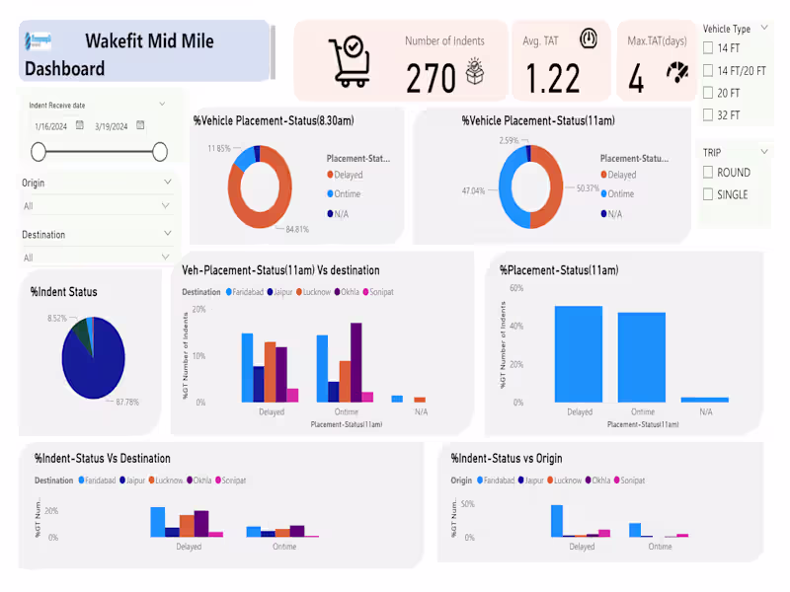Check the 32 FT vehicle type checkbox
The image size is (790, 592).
click(708, 115)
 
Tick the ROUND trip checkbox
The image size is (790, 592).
click(708, 172)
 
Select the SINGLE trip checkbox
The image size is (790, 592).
click(708, 194)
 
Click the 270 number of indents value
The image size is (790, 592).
click(431, 77)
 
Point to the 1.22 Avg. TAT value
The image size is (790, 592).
click(553, 77)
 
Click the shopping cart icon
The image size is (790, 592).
click(350, 61)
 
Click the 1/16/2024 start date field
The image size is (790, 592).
click(49, 126)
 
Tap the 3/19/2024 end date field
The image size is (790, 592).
click(111, 126)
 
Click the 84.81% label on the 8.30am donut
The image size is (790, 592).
click(295, 230)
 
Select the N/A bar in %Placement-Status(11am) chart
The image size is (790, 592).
click(705, 399)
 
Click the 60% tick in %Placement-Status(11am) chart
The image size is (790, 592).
click(515, 288)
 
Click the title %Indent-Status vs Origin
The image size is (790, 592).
click(506, 458)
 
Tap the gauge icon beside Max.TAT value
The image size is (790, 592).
click(677, 73)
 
